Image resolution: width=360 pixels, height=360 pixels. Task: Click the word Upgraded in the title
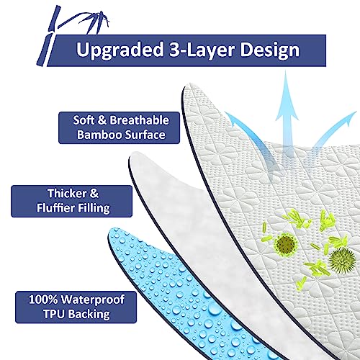pos(120,50)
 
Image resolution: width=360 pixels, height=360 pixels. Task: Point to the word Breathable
pos(140,120)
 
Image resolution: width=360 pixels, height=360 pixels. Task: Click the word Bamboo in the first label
pos(99,135)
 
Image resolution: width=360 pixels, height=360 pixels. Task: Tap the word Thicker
pos(67,194)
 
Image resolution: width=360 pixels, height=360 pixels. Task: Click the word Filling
pos(92,208)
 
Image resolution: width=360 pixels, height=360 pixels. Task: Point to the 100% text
pos(43,300)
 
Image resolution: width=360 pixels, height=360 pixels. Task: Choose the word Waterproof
pos(93,300)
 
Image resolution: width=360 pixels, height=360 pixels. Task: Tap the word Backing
pos(89,315)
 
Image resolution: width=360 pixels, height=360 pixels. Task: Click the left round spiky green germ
pos(285,245)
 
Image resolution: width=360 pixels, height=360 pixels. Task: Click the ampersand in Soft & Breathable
pos(102,120)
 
